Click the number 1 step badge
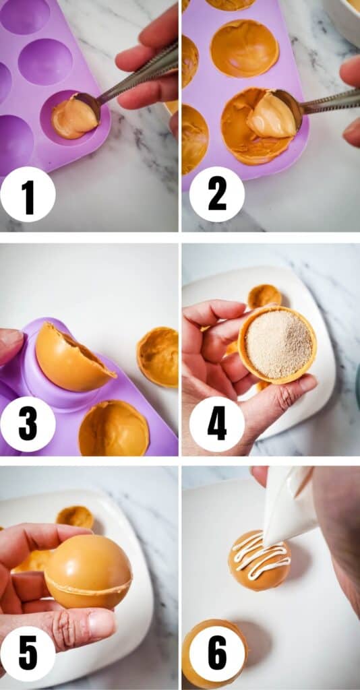[x=28, y=194]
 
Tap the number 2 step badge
[x=217, y=194]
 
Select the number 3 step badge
[x=28, y=425]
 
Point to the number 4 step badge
[x=217, y=425]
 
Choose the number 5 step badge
[x=28, y=654]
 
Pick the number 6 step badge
[x=217, y=654]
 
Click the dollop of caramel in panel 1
[x=74, y=117]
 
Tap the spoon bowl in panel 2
[x=274, y=114]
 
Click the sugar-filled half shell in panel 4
[x=277, y=344]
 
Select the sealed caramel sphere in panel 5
[x=88, y=571]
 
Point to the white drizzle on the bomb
[x=260, y=555]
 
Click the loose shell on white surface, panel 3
[x=158, y=356]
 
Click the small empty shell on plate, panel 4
[x=264, y=296]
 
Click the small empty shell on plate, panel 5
[x=75, y=517]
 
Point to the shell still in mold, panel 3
[x=114, y=428]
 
